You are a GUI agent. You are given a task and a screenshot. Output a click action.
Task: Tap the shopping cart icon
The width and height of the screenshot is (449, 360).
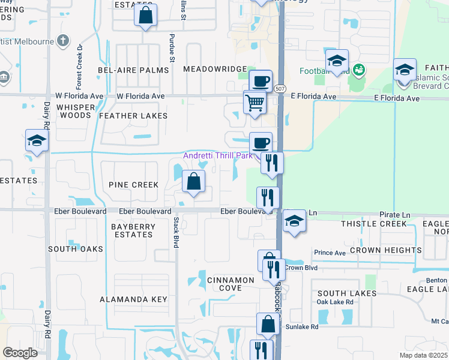(x=255, y=102)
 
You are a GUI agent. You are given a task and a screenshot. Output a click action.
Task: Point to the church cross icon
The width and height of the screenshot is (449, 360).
(x=64, y=41)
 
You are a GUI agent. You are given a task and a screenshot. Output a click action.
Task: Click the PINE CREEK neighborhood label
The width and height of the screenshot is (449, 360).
(x=134, y=185)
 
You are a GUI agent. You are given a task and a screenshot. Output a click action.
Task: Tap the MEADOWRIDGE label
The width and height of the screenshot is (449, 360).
(x=215, y=70)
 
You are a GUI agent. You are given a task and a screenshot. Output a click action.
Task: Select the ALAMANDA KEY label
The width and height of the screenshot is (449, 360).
(x=133, y=299)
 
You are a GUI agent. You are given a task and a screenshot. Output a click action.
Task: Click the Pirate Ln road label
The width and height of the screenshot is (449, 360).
(x=398, y=214)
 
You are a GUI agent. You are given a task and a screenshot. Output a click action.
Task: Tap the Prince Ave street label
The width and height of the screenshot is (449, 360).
(x=330, y=253)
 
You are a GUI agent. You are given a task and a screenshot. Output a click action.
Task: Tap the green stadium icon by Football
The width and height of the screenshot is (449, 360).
(x=359, y=71)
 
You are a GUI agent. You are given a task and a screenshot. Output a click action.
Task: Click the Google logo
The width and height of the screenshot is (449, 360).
(x=20, y=352)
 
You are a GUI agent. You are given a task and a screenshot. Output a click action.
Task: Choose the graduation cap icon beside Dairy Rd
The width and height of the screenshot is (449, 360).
(x=37, y=141)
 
